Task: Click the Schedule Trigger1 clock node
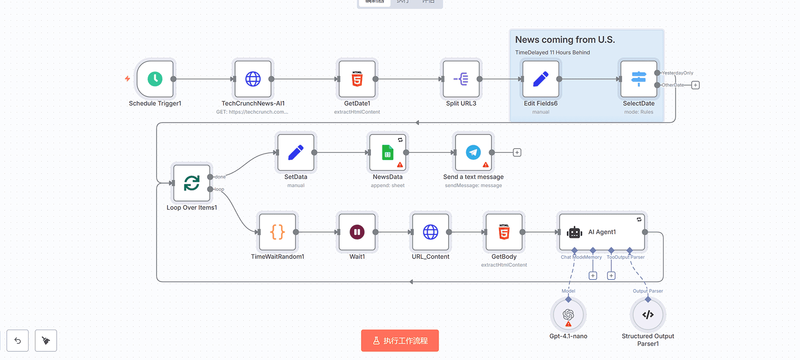point(155,79)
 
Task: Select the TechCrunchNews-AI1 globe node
point(253,79)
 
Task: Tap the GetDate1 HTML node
point(357,79)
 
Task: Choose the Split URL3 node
point(461,79)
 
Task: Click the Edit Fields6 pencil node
point(540,79)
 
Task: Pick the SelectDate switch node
point(639,79)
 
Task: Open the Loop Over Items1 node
point(192,183)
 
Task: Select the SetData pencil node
point(296,152)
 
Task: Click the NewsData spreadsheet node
point(388,152)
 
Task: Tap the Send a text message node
point(473,152)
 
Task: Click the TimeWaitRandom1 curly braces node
point(278,232)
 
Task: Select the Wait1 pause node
point(357,232)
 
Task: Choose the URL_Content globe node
point(430,232)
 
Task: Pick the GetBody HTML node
point(504,232)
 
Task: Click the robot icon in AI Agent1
point(575,232)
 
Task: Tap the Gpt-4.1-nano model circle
point(568,315)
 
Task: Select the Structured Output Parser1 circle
point(648,315)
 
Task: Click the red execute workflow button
point(400,340)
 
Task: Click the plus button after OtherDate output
point(695,85)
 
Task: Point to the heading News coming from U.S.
point(565,40)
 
